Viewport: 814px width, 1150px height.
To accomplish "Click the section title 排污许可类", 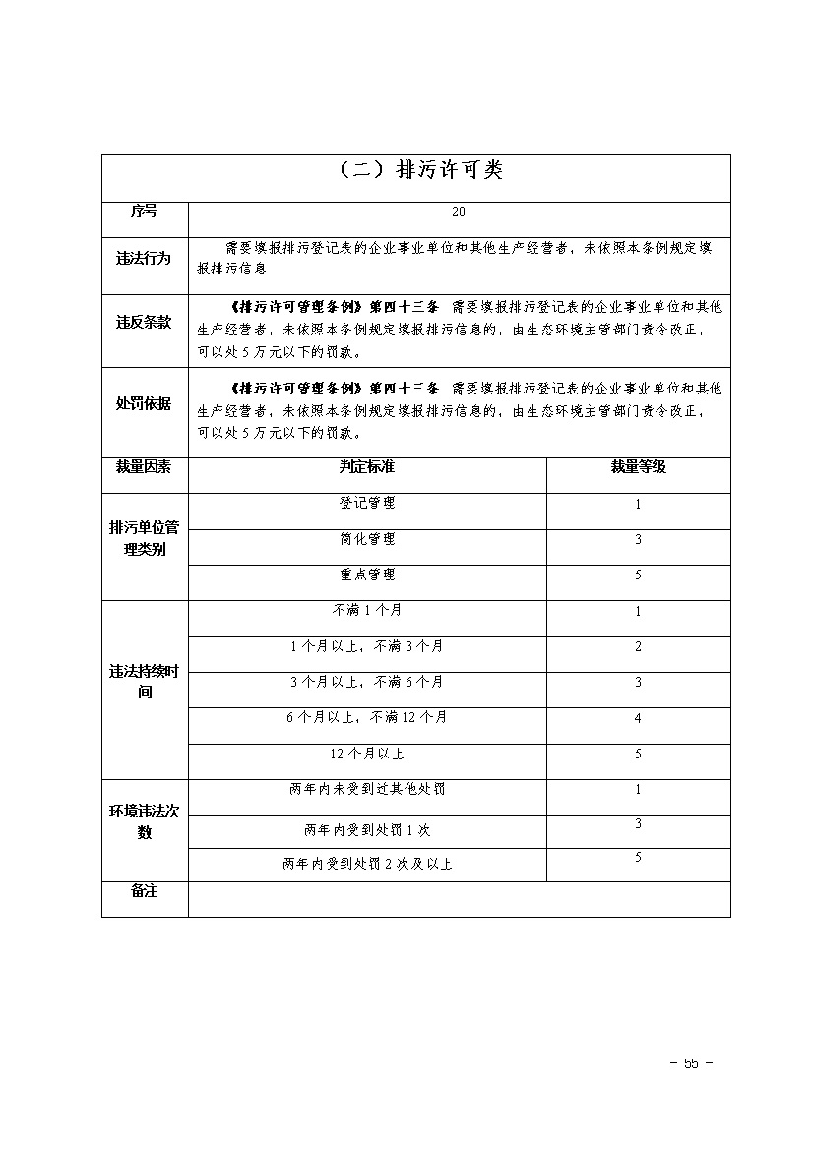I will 416,170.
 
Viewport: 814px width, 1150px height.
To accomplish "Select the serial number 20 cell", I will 459,212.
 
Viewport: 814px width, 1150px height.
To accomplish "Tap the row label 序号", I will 144,212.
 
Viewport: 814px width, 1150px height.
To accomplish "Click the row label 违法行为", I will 144,259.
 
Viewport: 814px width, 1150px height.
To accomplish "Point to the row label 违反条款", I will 144,322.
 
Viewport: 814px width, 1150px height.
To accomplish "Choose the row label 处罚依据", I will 144,403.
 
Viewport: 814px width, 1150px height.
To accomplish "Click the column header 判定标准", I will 366,467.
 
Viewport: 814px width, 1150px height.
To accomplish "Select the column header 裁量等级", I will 638,467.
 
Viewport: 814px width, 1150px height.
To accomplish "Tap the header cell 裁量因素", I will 144,467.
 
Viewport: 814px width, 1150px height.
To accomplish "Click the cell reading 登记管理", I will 366,503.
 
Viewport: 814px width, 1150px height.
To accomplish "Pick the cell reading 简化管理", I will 366,539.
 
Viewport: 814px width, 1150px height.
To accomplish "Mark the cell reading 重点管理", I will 366,575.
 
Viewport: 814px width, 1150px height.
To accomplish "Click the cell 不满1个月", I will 366,611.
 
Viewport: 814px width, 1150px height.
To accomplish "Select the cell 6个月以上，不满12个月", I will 366,718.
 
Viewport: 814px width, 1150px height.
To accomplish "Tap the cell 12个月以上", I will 366,754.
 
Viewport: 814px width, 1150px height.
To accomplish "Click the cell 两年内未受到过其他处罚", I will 366,790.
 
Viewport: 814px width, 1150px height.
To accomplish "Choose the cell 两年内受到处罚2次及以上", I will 366,864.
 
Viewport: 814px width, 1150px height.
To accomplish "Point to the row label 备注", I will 144,890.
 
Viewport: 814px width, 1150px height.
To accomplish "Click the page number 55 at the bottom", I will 690,1063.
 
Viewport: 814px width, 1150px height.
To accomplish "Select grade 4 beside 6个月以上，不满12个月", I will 638,718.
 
